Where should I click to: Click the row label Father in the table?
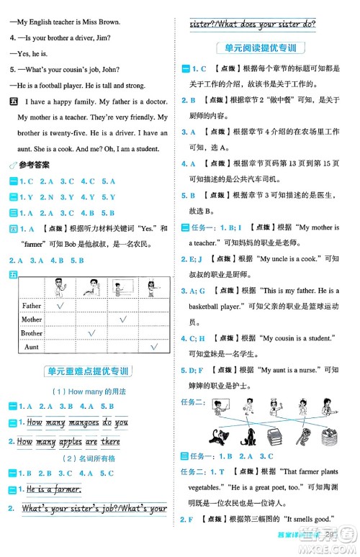(32, 306)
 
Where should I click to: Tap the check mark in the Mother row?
(122, 319)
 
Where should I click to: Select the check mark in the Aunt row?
(153, 346)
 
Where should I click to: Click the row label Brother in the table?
(32, 333)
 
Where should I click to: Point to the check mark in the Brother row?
(91, 333)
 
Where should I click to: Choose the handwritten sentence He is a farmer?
(53, 489)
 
